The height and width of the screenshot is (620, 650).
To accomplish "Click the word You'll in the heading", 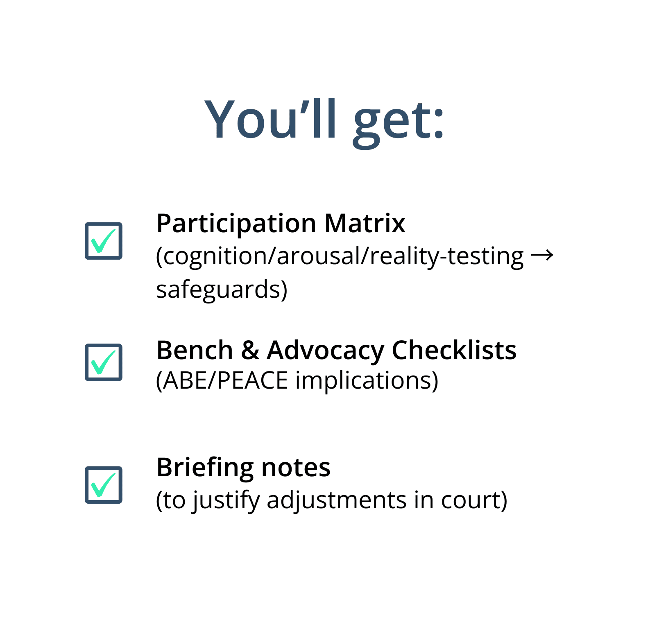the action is (271, 119).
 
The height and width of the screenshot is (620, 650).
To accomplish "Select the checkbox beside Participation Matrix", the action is (104, 241).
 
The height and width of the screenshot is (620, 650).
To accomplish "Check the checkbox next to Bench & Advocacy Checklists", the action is (104, 362).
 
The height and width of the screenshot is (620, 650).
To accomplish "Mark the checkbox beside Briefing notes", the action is (104, 485).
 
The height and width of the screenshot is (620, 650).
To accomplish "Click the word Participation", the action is (236, 224).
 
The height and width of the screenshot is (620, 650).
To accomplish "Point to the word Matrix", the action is (365, 224).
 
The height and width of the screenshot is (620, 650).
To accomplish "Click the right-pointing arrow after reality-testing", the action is (542, 255).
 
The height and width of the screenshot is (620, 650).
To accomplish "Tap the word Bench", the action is (195, 351).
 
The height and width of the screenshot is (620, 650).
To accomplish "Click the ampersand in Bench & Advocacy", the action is (250, 351).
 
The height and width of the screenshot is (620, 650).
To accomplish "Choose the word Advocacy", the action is (325, 352).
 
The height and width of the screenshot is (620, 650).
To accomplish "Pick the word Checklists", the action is (454, 351).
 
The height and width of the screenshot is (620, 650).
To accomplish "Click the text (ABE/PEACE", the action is (222, 381).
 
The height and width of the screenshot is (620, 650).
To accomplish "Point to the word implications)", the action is (367, 381).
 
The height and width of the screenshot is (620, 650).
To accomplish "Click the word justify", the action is (226, 501).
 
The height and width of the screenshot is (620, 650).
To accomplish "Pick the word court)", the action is (474, 501).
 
